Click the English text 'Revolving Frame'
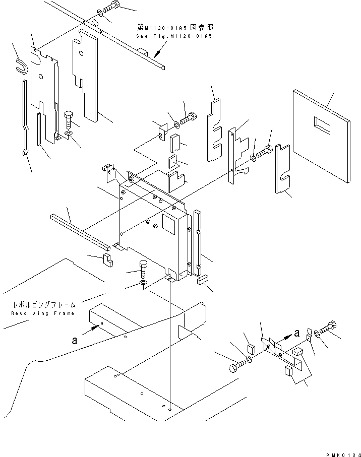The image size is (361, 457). point(43,313)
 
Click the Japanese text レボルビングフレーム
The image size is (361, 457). point(44,304)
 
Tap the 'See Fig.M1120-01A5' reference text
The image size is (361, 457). point(174,36)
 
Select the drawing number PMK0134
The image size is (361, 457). point(343,454)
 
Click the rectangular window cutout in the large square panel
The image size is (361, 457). point(322,125)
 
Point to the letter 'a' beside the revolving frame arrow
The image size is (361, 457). point(75,340)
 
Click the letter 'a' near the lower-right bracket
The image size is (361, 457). point(296,333)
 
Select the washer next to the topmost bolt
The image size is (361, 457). point(100,13)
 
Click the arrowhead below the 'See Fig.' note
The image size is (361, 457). point(157,54)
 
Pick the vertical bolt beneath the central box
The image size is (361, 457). point(143,269)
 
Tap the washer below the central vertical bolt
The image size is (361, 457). point(143,283)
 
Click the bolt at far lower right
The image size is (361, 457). point(328,328)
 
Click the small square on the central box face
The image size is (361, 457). point(168,224)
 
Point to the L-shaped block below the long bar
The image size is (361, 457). point(107,260)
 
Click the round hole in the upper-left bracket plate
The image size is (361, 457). point(41,77)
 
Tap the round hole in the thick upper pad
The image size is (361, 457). point(81,53)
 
